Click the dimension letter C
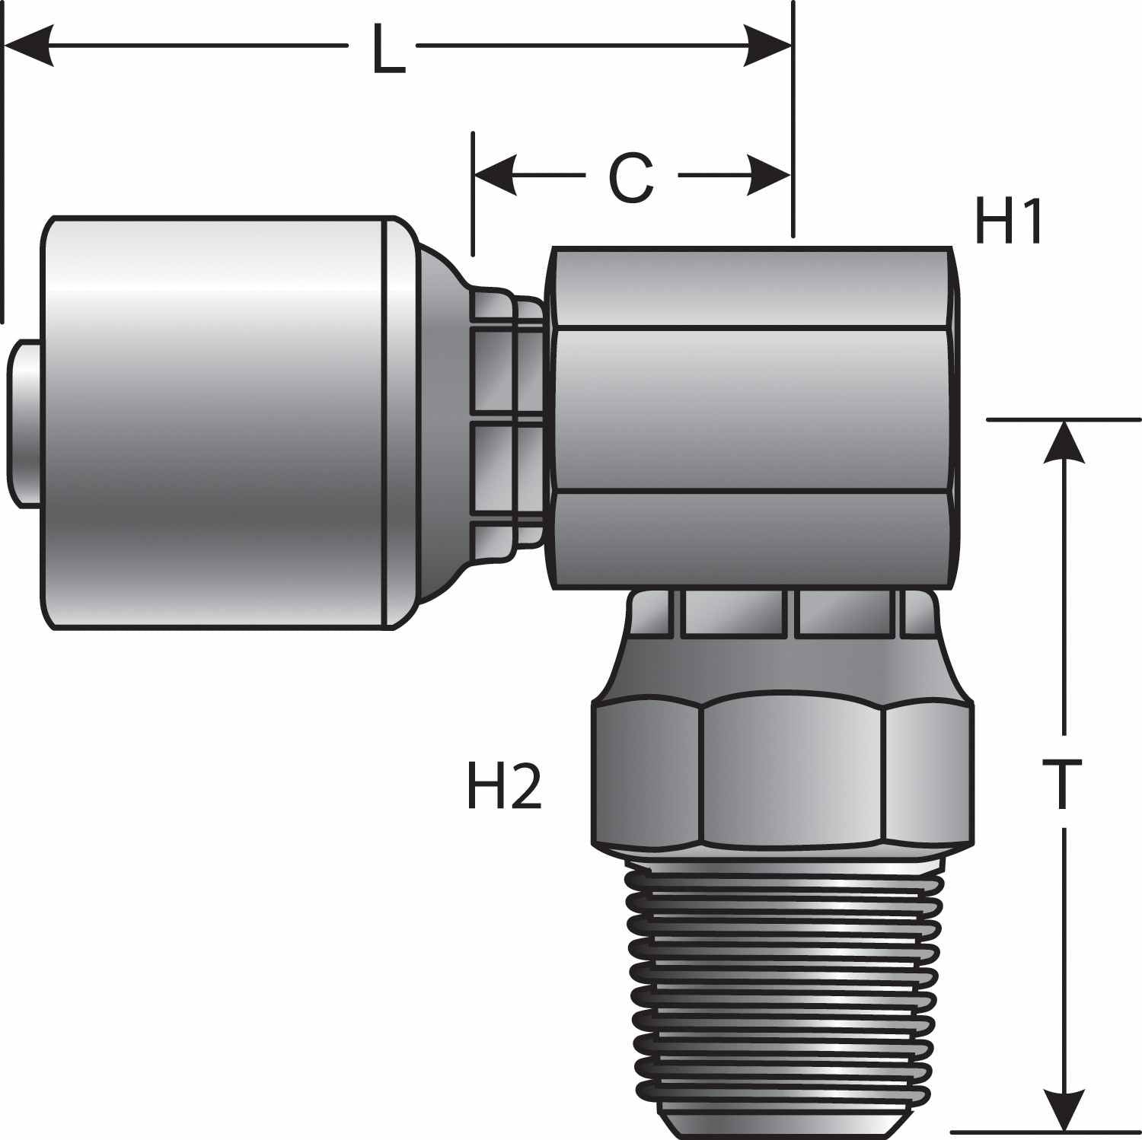click(x=631, y=179)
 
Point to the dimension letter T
click(x=1061, y=785)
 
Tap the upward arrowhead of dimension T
click(x=1064, y=441)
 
